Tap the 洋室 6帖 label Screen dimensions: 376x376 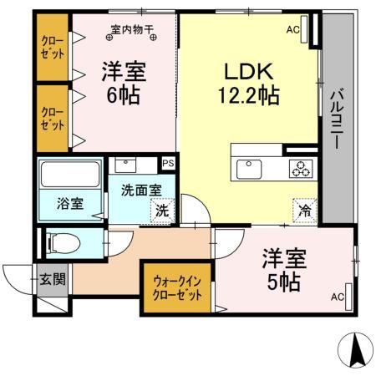[x=124, y=81]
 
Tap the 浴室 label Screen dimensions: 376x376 [x=69, y=203]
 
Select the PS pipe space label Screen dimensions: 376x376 [x=168, y=163]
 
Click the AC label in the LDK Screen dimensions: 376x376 [x=293, y=31]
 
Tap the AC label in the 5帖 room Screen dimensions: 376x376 [x=337, y=297]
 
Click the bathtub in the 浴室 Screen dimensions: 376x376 [x=69, y=175]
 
